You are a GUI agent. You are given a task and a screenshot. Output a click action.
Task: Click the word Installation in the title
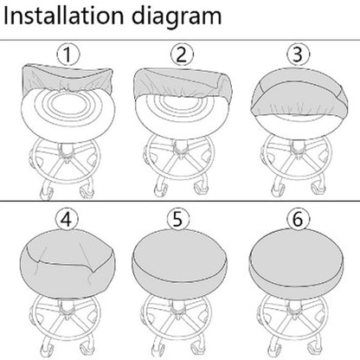pyautogui.click(x=64, y=16)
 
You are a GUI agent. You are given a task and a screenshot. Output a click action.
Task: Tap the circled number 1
pyautogui.click(x=68, y=55)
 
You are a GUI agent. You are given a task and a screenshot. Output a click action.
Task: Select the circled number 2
pyautogui.click(x=182, y=55)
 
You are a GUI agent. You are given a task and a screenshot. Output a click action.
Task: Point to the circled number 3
pyautogui.click(x=298, y=55)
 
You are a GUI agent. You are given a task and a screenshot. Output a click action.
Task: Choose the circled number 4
pyautogui.click(x=67, y=219)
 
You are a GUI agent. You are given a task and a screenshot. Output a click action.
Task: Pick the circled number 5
pyautogui.click(x=178, y=219)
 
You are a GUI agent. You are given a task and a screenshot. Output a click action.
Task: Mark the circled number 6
pyautogui.click(x=298, y=219)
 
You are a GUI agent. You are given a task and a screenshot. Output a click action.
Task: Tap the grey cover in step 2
pyautogui.click(x=182, y=80)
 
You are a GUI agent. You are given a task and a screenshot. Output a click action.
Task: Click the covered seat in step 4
pyautogui.click(x=67, y=262)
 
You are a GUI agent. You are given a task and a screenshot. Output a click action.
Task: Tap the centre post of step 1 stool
pyautogui.click(x=66, y=150)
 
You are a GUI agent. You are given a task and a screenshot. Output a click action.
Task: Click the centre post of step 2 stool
pyautogui.click(x=182, y=147)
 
